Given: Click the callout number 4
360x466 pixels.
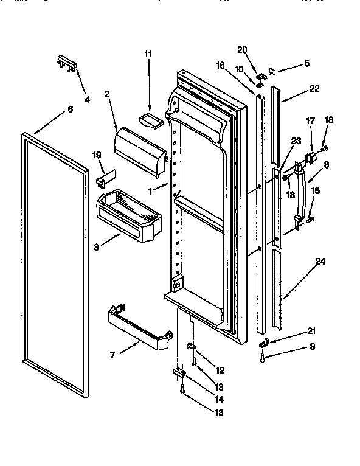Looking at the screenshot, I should (87, 99).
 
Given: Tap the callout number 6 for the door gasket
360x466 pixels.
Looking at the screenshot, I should (70, 110).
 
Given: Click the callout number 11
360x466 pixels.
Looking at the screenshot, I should (147, 54).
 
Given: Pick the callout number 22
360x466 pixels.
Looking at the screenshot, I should (314, 89).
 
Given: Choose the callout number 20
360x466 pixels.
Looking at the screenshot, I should (243, 49).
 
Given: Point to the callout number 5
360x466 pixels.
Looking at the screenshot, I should (307, 62).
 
